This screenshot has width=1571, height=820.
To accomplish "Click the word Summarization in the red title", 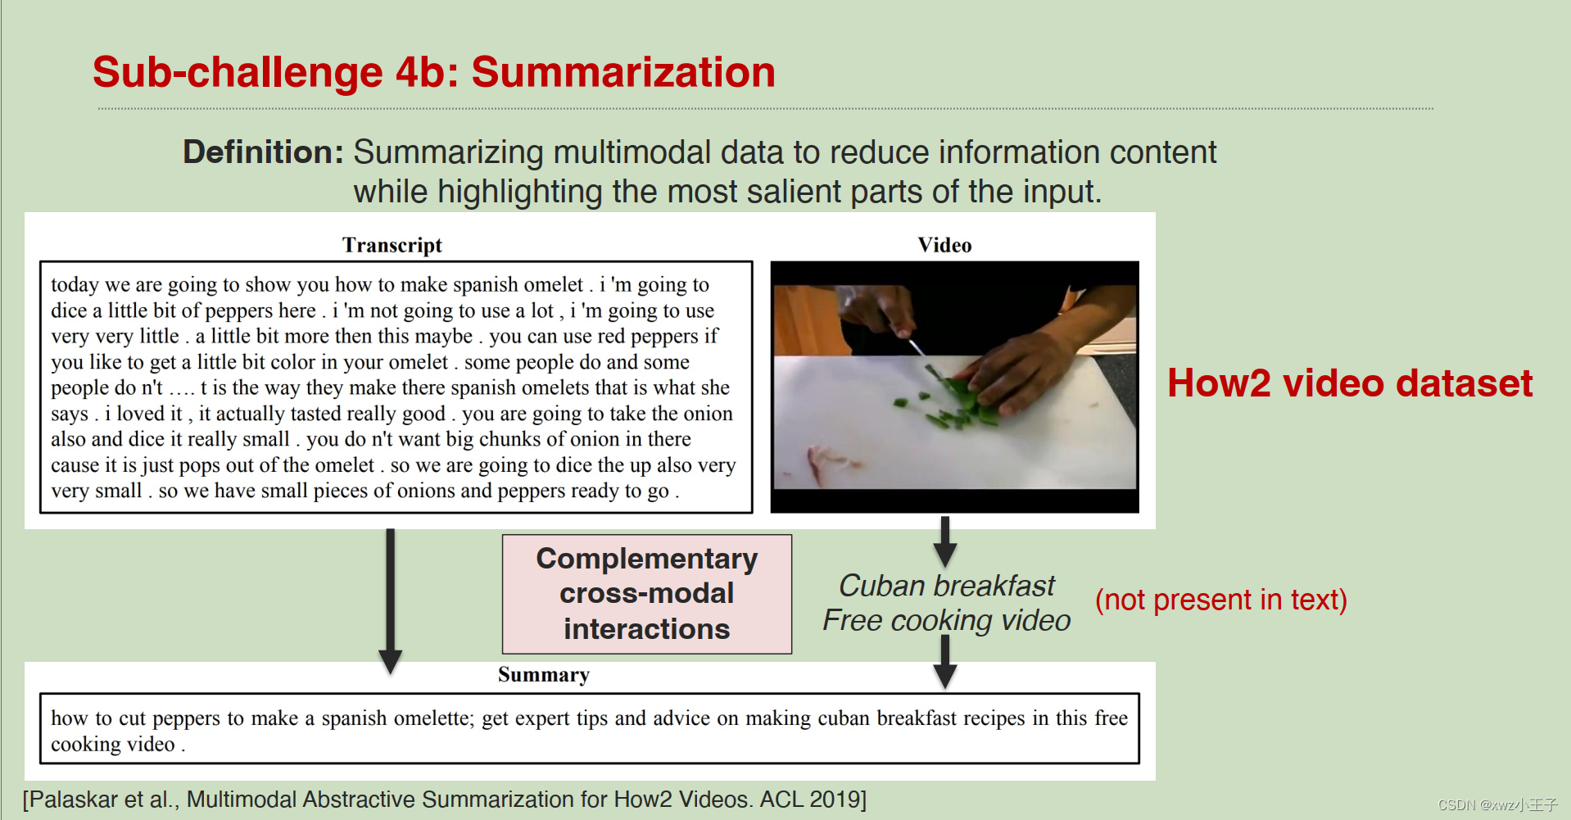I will pyautogui.click(x=623, y=72).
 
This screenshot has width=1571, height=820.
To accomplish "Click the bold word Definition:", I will pyautogui.click(x=263, y=152).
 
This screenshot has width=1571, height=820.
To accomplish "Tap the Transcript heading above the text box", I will pyautogui.click(x=392, y=245).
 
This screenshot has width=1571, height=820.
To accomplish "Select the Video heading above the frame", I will pyautogui.click(x=944, y=245).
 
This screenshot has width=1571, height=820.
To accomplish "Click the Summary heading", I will pyautogui.click(x=543, y=674).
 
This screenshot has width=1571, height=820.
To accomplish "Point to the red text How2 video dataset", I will pyautogui.click(x=1349, y=383).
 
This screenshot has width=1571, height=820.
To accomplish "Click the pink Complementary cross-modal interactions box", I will pyautogui.click(x=646, y=594).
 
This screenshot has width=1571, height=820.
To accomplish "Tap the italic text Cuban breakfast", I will pyautogui.click(x=946, y=586).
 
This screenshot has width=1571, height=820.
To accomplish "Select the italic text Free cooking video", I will pyautogui.click(x=946, y=620).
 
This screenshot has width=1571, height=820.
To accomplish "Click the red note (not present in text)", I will pyautogui.click(x=1220, y=600).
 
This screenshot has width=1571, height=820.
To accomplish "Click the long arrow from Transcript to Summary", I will pyautogui.click(x=391, y=598).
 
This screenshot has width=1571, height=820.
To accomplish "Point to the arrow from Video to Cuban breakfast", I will pyautogui.click(x=945, y=541).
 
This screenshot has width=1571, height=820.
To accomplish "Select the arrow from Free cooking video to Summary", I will pyautogui.click(x=945, y=662).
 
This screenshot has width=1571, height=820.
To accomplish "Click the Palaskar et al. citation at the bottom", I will pyautogui.click(x=444, y=800).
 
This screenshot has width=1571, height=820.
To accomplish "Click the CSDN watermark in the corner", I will pyautogui.click(x=1496, y=804).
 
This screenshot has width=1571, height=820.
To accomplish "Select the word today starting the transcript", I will pyautogui.click(x=75, y=285).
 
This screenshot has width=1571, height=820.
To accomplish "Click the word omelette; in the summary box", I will pyautogui.click(x=433, y=718).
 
